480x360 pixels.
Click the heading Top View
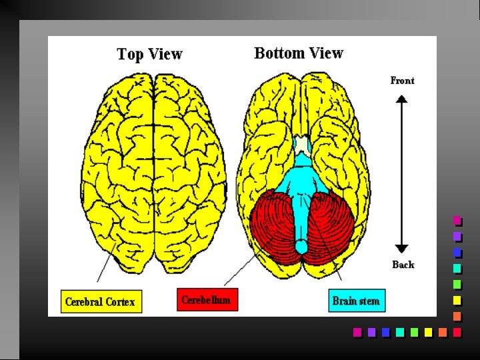(x=149, y=55)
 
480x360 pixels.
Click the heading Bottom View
(x=298, y=53)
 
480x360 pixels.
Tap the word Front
(x=402, y=81)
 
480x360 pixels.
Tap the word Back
(x=403, y=265)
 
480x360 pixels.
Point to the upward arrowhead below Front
(x=401, y=99)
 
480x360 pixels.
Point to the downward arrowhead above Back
(x=401, y=247)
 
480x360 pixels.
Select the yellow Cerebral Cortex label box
(x=101, y=301)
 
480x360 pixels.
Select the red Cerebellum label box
(x=207, y=299)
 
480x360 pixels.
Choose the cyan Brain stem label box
(x=357, y=301)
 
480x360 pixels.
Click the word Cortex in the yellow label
(x=119, y=302)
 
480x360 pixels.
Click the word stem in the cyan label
(x=369, y=301)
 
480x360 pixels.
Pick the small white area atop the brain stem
(x=302, y=143)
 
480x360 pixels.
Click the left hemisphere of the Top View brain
(x=120, y=167)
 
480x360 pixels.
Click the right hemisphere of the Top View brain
(x=190, y=167)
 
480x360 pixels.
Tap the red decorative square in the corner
(x=457, y=332)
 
